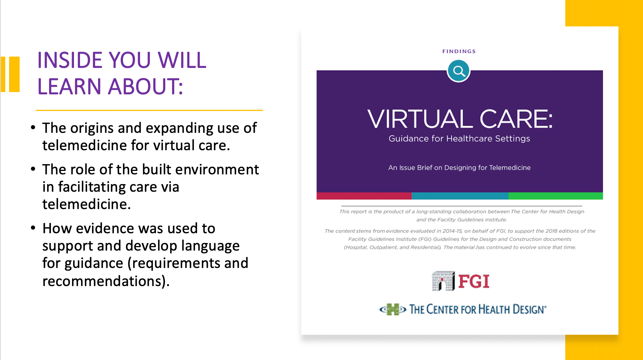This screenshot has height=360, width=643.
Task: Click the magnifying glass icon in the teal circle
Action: click(x=458, y=71)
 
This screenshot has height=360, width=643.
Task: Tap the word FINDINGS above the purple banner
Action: click(x=459, y=51)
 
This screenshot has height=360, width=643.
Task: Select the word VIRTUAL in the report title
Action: click(x=420, y=119)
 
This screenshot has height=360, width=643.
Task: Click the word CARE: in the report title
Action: click(x=516, y=119)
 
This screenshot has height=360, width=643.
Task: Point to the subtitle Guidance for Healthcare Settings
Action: click(x=459, y=138)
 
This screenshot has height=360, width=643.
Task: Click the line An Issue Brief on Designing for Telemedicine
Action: click(x=459, y=168)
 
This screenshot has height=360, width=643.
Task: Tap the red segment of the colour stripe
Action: click(x=364, y=196)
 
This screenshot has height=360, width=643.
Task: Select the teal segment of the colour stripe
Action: click(x=460, y=196)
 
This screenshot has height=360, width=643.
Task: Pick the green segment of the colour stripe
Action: click(x=556, y=196)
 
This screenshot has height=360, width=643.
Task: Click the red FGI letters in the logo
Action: click(x=474, y=282)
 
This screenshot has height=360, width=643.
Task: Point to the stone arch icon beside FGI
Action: click(x=443, y=281)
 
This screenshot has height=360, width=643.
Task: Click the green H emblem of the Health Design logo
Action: click(x=393, y=309)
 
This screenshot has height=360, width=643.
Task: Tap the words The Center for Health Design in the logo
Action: click(x=478, y=309)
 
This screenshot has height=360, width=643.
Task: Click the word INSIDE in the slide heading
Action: click(x=70, y=60)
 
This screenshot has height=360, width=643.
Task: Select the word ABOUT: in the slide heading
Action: click(x=145, y=86)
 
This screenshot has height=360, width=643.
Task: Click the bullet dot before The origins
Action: click(x=33, y=127)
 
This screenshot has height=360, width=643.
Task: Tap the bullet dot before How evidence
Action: click(x=33, y=228)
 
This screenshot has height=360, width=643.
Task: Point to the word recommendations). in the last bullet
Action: click(x=106, y=281)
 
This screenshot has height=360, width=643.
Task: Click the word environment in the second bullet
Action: click(x=217, y=169)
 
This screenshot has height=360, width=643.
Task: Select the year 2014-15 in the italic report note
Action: click(x=452, y=231)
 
